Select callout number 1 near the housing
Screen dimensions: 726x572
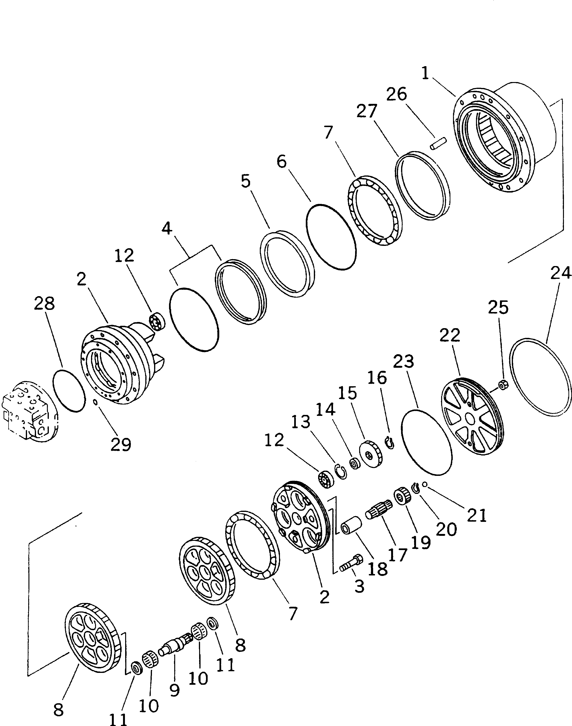click(x=425, y=73)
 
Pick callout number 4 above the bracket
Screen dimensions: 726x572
click(x=167, y=229)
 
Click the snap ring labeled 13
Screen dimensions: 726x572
click(x=341, y=471)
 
